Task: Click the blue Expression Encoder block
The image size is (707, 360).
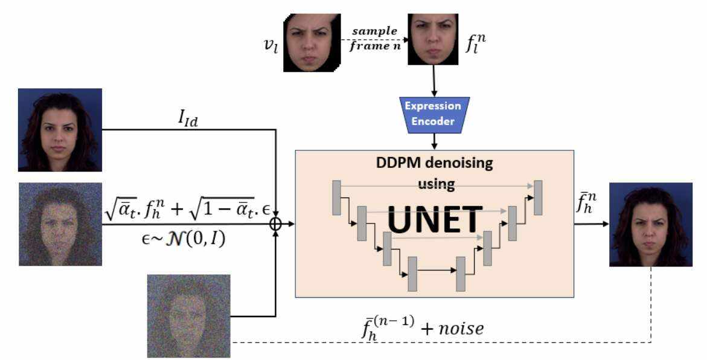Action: pyautogui.click(x=433, y=114)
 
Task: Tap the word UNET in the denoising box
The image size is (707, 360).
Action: pyautogui.click(x=435, y=219)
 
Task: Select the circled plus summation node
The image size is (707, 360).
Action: pyautogui.click(x=276, y=224)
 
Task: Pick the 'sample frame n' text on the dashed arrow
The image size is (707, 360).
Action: pyautogui.click(x=375, y=37)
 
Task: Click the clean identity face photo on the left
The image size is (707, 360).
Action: pyautogui.click(x=60, y=130)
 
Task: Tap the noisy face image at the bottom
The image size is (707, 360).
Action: pyautogui.click(x=189, y=315)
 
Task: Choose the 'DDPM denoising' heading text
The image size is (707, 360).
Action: pyautogui.click(x=434, y=162)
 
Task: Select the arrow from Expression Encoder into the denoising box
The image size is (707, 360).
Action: pyautogui.click(x=433, y=141)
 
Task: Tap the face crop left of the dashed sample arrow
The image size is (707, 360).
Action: pyautogui.click(x=311, y=42)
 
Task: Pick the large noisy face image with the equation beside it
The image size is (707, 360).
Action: pyautogui.click(x=60, y=224)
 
